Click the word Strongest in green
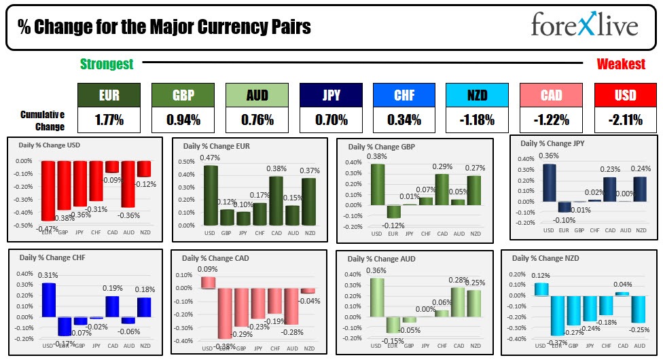[107, 65]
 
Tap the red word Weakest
[621, 65]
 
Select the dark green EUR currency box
[109, 96]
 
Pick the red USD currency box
[625, 96]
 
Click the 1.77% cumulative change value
[109, 120]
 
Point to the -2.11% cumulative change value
[625, 120]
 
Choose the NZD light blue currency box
[478, 96]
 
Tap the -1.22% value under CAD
[551, 120]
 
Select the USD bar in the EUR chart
[211, 196]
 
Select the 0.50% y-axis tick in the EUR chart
[187, 162]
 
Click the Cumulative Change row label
[42, 120]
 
